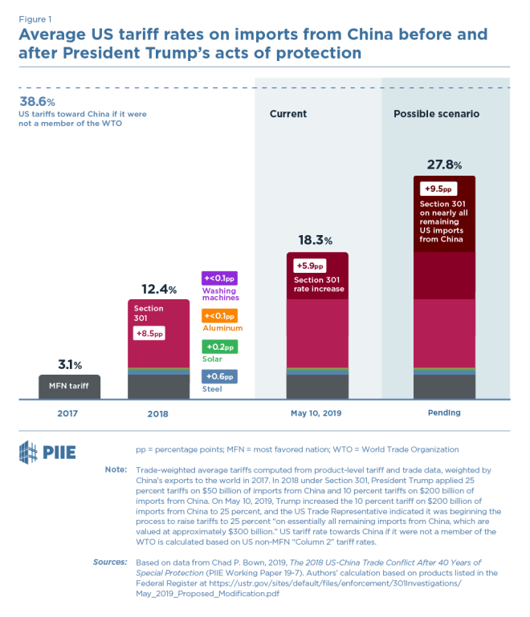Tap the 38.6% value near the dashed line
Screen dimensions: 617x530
click(x=37, y=102)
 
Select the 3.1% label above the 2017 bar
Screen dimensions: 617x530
click(x=70, y=364)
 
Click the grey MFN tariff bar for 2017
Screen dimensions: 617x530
click(x=70, y=387)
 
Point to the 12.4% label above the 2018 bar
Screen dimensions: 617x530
click(x=159, y=289)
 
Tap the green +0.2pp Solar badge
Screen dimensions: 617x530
click(x=218, y=347)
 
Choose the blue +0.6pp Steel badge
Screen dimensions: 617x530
click(x=218, y=376)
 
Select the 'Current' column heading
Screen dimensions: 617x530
click(x=287, y=114)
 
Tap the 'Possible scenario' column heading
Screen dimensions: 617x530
click(x=436, y=114)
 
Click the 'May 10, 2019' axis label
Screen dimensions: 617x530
click(x=317, y=412)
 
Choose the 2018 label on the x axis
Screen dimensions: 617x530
click(x=158, y=412)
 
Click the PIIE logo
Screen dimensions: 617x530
click(x=47, y=451)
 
